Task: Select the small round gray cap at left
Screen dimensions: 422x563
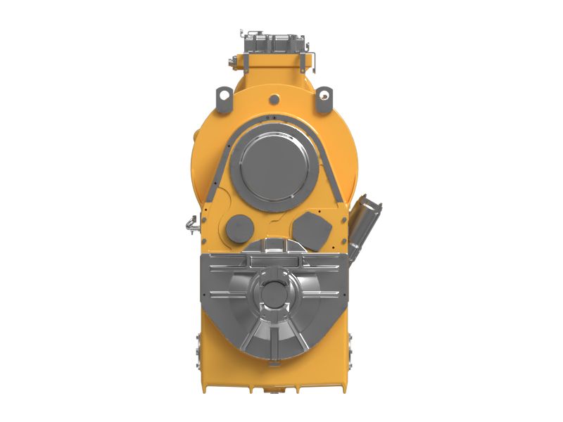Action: point(239,227)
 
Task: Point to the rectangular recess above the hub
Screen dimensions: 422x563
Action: point(274,261)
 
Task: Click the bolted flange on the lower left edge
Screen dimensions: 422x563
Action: point(198,352)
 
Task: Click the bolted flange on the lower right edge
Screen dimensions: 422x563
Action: point(350,352)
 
